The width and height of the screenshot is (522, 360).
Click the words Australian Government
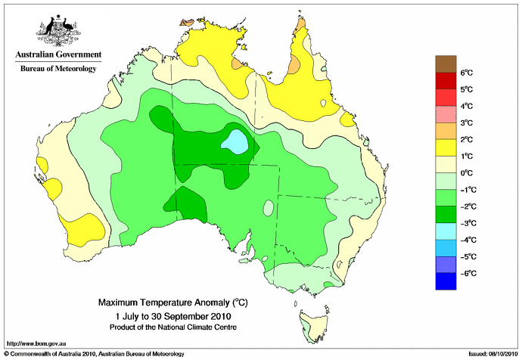[58, 54]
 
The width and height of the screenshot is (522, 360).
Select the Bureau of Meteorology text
[58, 69]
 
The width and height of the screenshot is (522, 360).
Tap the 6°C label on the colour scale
[467, 73]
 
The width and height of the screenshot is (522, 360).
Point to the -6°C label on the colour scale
[468, 274]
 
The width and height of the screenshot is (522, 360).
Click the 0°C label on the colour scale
[467, 173]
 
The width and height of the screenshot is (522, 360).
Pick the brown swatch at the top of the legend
[446, 64]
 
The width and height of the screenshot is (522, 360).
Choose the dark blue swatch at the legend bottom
[446, 281]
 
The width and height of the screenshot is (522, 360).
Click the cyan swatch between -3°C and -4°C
[446, 231]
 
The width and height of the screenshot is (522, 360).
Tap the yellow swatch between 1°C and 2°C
[446, 147]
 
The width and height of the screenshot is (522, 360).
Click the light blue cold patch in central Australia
[235, 142]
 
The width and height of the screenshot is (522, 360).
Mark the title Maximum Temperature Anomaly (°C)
[173, 303]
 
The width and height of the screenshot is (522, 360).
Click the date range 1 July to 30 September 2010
[173, 315]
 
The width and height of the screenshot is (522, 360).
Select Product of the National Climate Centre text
[173, 327]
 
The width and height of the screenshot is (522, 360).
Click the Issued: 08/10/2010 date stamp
[493, 354]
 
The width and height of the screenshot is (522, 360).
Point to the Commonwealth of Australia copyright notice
[95, 354]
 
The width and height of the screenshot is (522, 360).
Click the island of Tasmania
[314, 325]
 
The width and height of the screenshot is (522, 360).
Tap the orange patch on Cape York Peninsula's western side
[294, 64]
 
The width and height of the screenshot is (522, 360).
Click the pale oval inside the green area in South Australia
[269, 208]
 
